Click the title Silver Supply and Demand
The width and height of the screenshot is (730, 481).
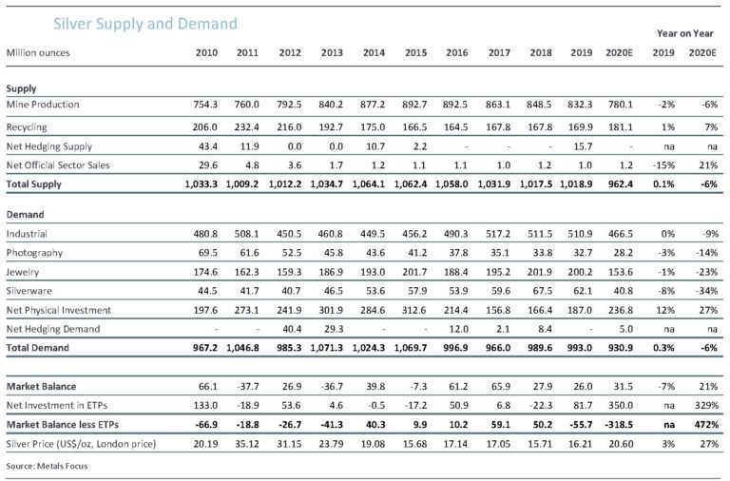tap(145, 24)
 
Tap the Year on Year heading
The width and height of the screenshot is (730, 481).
tap(684, 33)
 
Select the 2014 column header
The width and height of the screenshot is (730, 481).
tap(374, 52)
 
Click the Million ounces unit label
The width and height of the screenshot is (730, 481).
tap(38, 52)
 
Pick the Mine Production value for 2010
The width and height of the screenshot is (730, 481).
tap(205, 105)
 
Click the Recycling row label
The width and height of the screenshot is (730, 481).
tap(27, 127)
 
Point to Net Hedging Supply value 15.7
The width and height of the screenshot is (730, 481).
tap(583, 146)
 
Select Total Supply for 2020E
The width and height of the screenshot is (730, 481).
tap(620, 183)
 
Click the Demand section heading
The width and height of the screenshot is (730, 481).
tap(25, 215)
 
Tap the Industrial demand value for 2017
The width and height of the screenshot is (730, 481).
tap(498, 234)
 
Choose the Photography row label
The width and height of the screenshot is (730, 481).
tap(34, 253)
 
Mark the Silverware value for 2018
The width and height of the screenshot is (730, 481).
tap(543, 291)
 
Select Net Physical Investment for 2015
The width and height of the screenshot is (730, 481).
tap(414, 310)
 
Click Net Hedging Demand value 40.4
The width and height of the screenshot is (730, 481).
tap(292, 329)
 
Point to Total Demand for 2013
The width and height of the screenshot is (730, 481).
tap(326, 348)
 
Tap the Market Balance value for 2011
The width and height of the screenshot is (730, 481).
tap(248, 387)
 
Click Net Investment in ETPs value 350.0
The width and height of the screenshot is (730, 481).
tap(621, 406)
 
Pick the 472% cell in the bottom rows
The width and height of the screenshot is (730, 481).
tap(707, 425)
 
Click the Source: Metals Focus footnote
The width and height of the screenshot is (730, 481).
tap(47, 466)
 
